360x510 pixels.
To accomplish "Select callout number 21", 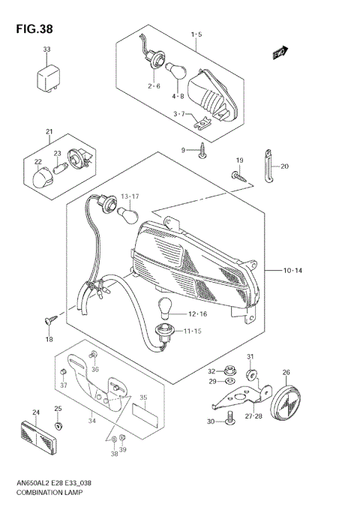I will (x=49, y=133).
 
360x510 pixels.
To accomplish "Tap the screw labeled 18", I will (x=51, y=320).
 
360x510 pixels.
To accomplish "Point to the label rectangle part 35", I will (x=143, y=409).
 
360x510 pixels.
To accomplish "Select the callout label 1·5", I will (x=196, y=34).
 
